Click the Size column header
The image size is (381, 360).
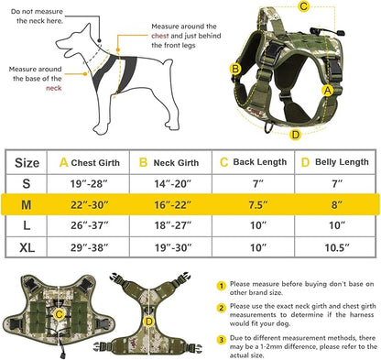[28, 162]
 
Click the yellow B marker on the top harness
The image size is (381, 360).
[235, 68]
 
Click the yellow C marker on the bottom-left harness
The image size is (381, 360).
[60, 314]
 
